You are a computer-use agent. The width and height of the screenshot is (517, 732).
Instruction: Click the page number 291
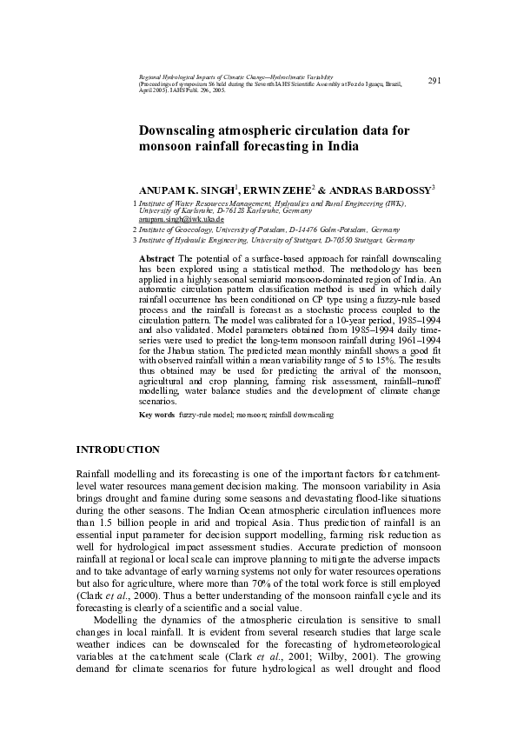pyautogui.click(x=435, y=81)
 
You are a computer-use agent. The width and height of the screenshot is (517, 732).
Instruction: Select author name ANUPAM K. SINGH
pyautogui.click(x=180, y=189)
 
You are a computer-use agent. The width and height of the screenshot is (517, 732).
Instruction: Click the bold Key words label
pyautogui.click(x=157, y=416)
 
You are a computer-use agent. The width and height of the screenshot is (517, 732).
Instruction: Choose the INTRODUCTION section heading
pyautogui.click(x=118, y=449)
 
